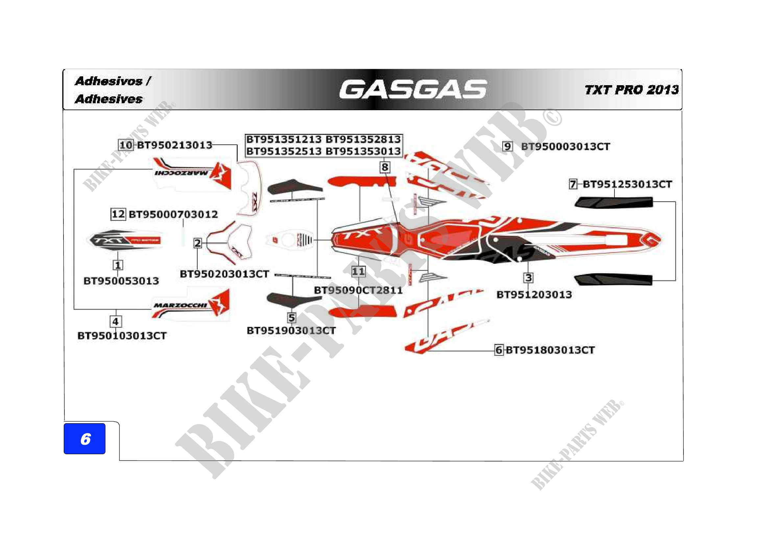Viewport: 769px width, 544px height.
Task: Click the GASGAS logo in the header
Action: point(413,89)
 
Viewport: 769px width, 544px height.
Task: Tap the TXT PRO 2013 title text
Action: point(631,90)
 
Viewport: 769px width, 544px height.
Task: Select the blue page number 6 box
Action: point(84,438)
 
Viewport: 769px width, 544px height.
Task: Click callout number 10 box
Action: point(126,145)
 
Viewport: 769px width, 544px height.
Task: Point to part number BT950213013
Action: point(175,145)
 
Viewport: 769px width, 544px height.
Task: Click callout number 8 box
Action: point(385,167)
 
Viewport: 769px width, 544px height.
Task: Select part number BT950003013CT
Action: point(565,146)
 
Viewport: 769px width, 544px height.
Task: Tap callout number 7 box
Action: point(573,184)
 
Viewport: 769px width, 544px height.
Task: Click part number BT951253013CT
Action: point(627,184)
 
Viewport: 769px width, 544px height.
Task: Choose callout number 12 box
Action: point(118,214)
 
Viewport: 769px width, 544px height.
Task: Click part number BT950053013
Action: point(121,281)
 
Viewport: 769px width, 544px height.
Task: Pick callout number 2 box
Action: point(198,243)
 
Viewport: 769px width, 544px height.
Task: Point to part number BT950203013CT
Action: point(225,274)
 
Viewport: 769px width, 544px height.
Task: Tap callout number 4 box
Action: point(115,322)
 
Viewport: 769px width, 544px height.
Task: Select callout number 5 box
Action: point(292,318)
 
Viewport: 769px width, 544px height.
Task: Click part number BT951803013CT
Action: point(550,350)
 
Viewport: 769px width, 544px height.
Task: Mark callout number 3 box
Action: point(528,278)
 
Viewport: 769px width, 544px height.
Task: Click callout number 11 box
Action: point(358,271)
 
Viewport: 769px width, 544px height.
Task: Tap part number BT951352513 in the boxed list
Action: point(284,151)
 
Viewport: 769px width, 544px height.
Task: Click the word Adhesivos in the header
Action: point(109,81)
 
